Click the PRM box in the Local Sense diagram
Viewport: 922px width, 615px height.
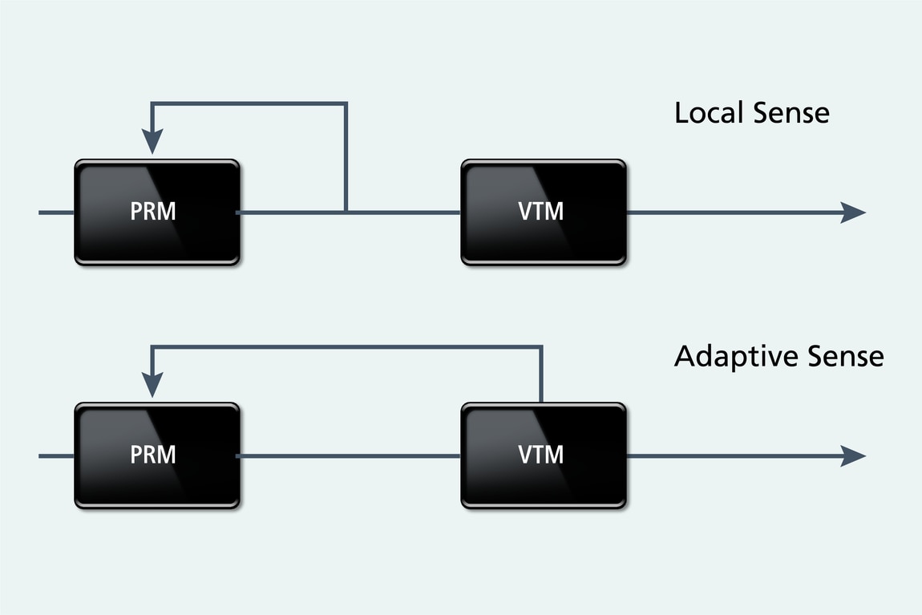tap(157, 212)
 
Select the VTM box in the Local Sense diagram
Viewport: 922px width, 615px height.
tap(543, 212)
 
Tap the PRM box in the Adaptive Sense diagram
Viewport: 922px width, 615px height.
tap(157, 455)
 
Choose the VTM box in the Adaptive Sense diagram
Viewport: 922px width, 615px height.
tap(543, 455)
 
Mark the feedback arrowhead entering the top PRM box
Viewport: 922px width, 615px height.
tap(152, 144)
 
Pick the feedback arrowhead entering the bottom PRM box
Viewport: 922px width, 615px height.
tap(152, 387)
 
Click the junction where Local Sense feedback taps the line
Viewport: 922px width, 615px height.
tap(346, 212)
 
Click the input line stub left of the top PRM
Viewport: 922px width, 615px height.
tap(56, 212)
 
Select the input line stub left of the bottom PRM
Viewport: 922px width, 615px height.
tap(56, 455)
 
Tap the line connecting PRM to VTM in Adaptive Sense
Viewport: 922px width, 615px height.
tap(350, 455)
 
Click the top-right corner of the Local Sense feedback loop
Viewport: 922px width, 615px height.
tap(346, 103)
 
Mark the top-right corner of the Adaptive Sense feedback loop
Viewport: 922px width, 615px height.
tap(542, 346)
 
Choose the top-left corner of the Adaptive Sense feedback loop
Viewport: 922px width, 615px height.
tap(152, 346)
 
